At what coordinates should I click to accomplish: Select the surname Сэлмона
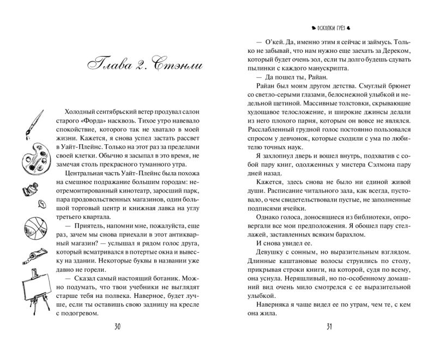[x=396, y=169]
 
